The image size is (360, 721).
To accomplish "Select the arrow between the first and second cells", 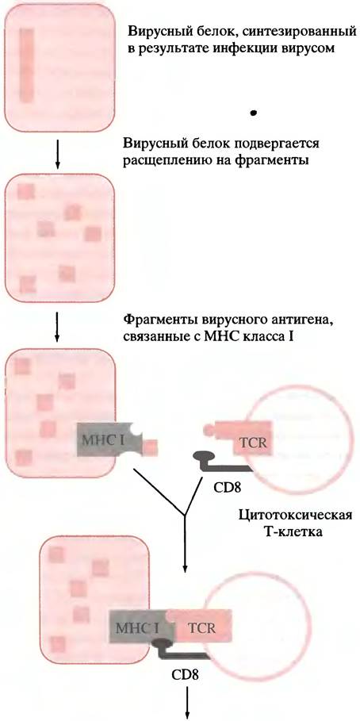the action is [x=57, y=153].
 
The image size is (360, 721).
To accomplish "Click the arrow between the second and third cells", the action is [x=57, y=328].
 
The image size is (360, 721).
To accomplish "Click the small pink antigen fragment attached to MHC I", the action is [x=151, y=446].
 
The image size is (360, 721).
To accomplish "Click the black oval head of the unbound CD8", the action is [x=202, y=456].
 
